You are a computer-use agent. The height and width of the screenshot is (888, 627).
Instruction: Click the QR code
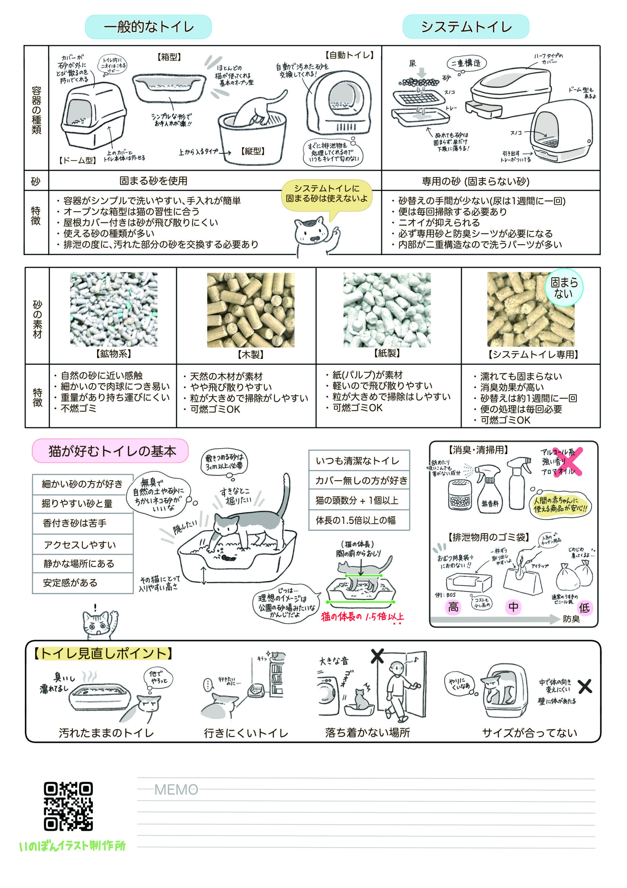[68, 806]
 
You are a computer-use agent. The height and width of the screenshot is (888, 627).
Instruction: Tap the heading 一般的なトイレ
[148, 27]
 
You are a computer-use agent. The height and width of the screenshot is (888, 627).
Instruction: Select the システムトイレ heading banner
[466, 27]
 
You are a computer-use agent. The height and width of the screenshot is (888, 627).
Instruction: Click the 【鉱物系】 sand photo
[114, 309]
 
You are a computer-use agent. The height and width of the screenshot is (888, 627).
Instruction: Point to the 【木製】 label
[251, 354]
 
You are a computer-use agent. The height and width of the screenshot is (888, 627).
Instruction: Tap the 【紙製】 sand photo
[387, 310]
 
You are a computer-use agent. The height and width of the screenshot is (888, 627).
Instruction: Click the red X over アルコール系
[568, 462]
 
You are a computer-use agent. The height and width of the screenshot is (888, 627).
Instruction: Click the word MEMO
[176, 790]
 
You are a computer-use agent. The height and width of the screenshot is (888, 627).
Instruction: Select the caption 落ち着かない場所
[367, 733]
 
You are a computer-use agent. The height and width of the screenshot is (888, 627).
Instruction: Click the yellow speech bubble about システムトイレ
[326, 194]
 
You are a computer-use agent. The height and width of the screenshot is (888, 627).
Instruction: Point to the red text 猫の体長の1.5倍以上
[362, 616]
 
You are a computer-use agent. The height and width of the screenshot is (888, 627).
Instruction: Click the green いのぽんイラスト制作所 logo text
[72, 846]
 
